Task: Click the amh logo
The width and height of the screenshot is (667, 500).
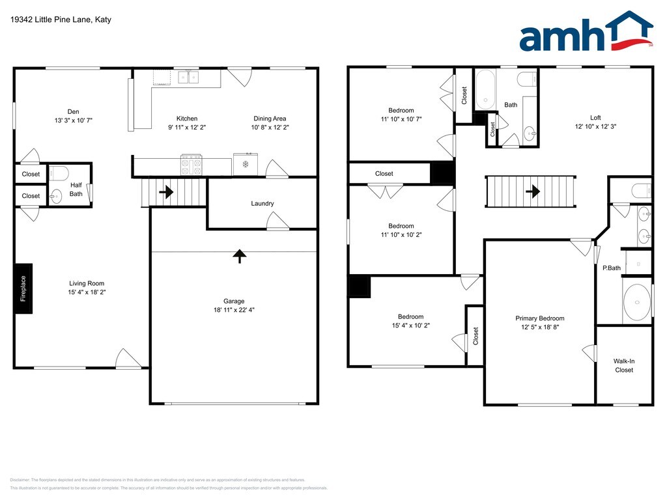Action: tap(586, 31)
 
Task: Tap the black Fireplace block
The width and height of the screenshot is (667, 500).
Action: tap(24, 288)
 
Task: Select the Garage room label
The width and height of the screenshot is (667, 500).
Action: tap(234, 301)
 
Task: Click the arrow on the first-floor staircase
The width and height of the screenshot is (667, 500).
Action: tap(166, 192)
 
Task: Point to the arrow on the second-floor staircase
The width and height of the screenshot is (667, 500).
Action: tap(533, 191)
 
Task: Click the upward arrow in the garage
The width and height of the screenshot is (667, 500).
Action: tap(240, 256)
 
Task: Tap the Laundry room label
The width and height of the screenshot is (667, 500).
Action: tap(262, 204)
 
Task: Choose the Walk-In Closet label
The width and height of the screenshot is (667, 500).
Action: tap(624, 366)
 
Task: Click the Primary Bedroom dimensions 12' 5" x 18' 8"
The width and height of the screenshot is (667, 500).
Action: tap(540, 327)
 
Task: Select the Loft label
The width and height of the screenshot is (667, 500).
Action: tap(595, 118)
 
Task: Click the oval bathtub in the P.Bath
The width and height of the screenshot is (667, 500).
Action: tap(637, 302)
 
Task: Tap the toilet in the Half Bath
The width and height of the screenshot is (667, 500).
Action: tap(59, 173)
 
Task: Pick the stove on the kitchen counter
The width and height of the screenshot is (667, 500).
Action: tap(192, 165)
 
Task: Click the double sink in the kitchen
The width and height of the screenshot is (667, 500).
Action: tap(188, 77)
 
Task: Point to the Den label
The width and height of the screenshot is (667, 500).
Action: tap(73, 112)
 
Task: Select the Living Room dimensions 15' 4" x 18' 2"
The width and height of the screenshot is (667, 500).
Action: tap(87, 292)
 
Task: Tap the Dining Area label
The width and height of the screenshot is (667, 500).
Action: tap(270, 118)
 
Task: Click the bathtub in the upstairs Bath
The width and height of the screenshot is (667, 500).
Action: tap(485, 89)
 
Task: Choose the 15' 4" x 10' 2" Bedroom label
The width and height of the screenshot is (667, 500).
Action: tap(410, 317)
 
